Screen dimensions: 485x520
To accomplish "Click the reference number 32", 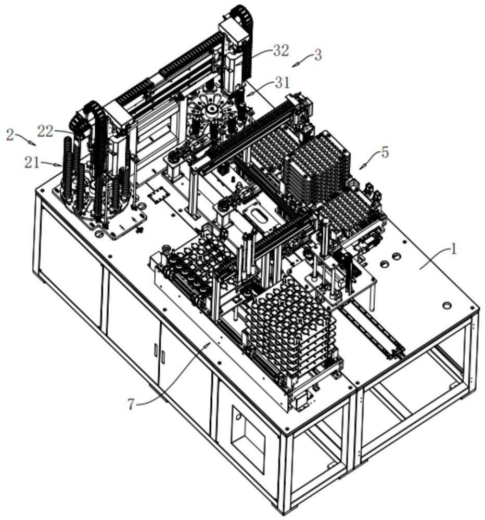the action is pos(280,51).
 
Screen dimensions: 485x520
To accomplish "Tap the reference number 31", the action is pos(282,83).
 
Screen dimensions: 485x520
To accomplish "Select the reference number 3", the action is pos(318,55).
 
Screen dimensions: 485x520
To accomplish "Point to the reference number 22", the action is pos(45,132).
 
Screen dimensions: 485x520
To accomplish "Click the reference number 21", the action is pos(32,163).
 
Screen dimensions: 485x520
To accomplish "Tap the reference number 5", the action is pos(385,152).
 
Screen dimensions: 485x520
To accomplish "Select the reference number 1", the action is pos(453,249).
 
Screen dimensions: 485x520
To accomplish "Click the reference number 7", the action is pos(131,404).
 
